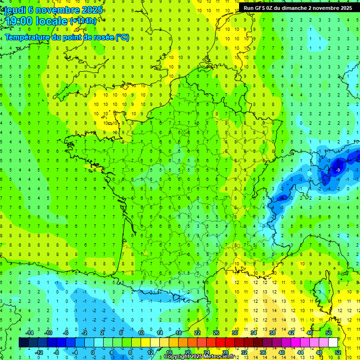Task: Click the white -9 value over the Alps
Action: (x=338, y=169)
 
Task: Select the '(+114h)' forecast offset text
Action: (x=84, y=21)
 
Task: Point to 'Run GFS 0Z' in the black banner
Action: (x=260, y=8)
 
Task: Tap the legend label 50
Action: (x=328, y=333)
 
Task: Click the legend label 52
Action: (x=338, y=352)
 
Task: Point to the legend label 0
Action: (x=93, y=352)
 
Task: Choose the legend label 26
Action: (x=216, y=333)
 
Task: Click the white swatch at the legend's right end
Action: (x=333, y=343)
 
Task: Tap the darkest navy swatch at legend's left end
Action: (x=23, y=343)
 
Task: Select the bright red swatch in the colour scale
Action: (x=220, y=343)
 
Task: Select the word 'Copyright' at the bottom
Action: (x=177, y=357)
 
